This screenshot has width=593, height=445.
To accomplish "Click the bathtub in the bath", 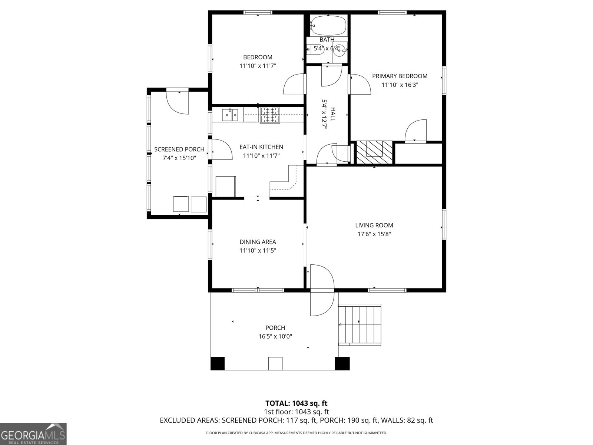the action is coord(328,26).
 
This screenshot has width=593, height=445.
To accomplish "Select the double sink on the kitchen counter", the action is coord(230,115).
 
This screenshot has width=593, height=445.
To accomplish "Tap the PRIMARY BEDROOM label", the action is coord(400,76).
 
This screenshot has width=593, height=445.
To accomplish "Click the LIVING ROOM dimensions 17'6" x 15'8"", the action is coord(374,234).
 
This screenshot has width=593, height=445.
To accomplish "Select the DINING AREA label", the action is coord(258,242).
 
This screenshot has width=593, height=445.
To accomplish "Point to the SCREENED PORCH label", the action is coord(179,149).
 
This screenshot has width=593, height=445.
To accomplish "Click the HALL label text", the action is coord(333,114).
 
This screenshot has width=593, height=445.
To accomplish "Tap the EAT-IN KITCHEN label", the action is coord(261,147).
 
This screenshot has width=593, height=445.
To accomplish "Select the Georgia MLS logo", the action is coord(33,434).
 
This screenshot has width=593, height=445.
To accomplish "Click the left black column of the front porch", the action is coord(218,364).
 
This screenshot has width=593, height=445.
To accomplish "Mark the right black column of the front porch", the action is coord(342,364).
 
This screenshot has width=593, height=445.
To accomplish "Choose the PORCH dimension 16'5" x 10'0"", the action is coord(275,336).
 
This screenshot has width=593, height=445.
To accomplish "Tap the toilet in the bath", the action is coord(315,50).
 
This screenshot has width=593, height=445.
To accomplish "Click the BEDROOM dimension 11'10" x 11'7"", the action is coord(258,66).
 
